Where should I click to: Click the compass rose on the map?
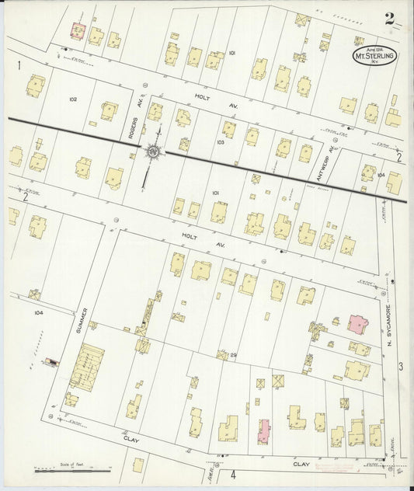point(154,151)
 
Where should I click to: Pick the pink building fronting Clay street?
point(264,430)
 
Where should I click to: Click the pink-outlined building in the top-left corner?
point(78,30)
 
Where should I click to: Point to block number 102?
point(73,99)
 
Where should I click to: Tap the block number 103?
point(221,142)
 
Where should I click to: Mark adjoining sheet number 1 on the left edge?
point(18,66)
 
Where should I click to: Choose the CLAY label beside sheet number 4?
point(301,465)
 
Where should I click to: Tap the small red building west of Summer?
point(52,361)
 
